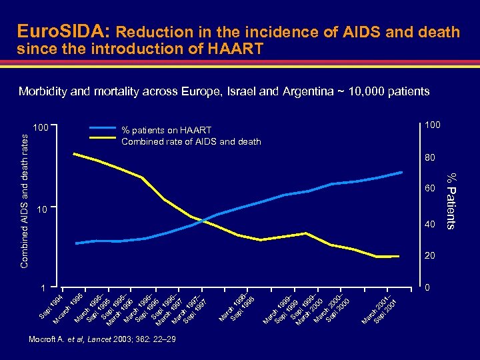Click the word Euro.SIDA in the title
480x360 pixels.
[65, 31]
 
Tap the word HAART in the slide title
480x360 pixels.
[237, 49]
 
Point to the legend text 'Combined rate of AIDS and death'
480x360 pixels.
[191, 141]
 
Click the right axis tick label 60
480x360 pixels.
[428, 191]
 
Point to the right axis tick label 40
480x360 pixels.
[428, 225]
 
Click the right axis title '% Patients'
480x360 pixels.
[451, 200]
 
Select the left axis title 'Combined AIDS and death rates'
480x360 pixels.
[25, 200]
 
